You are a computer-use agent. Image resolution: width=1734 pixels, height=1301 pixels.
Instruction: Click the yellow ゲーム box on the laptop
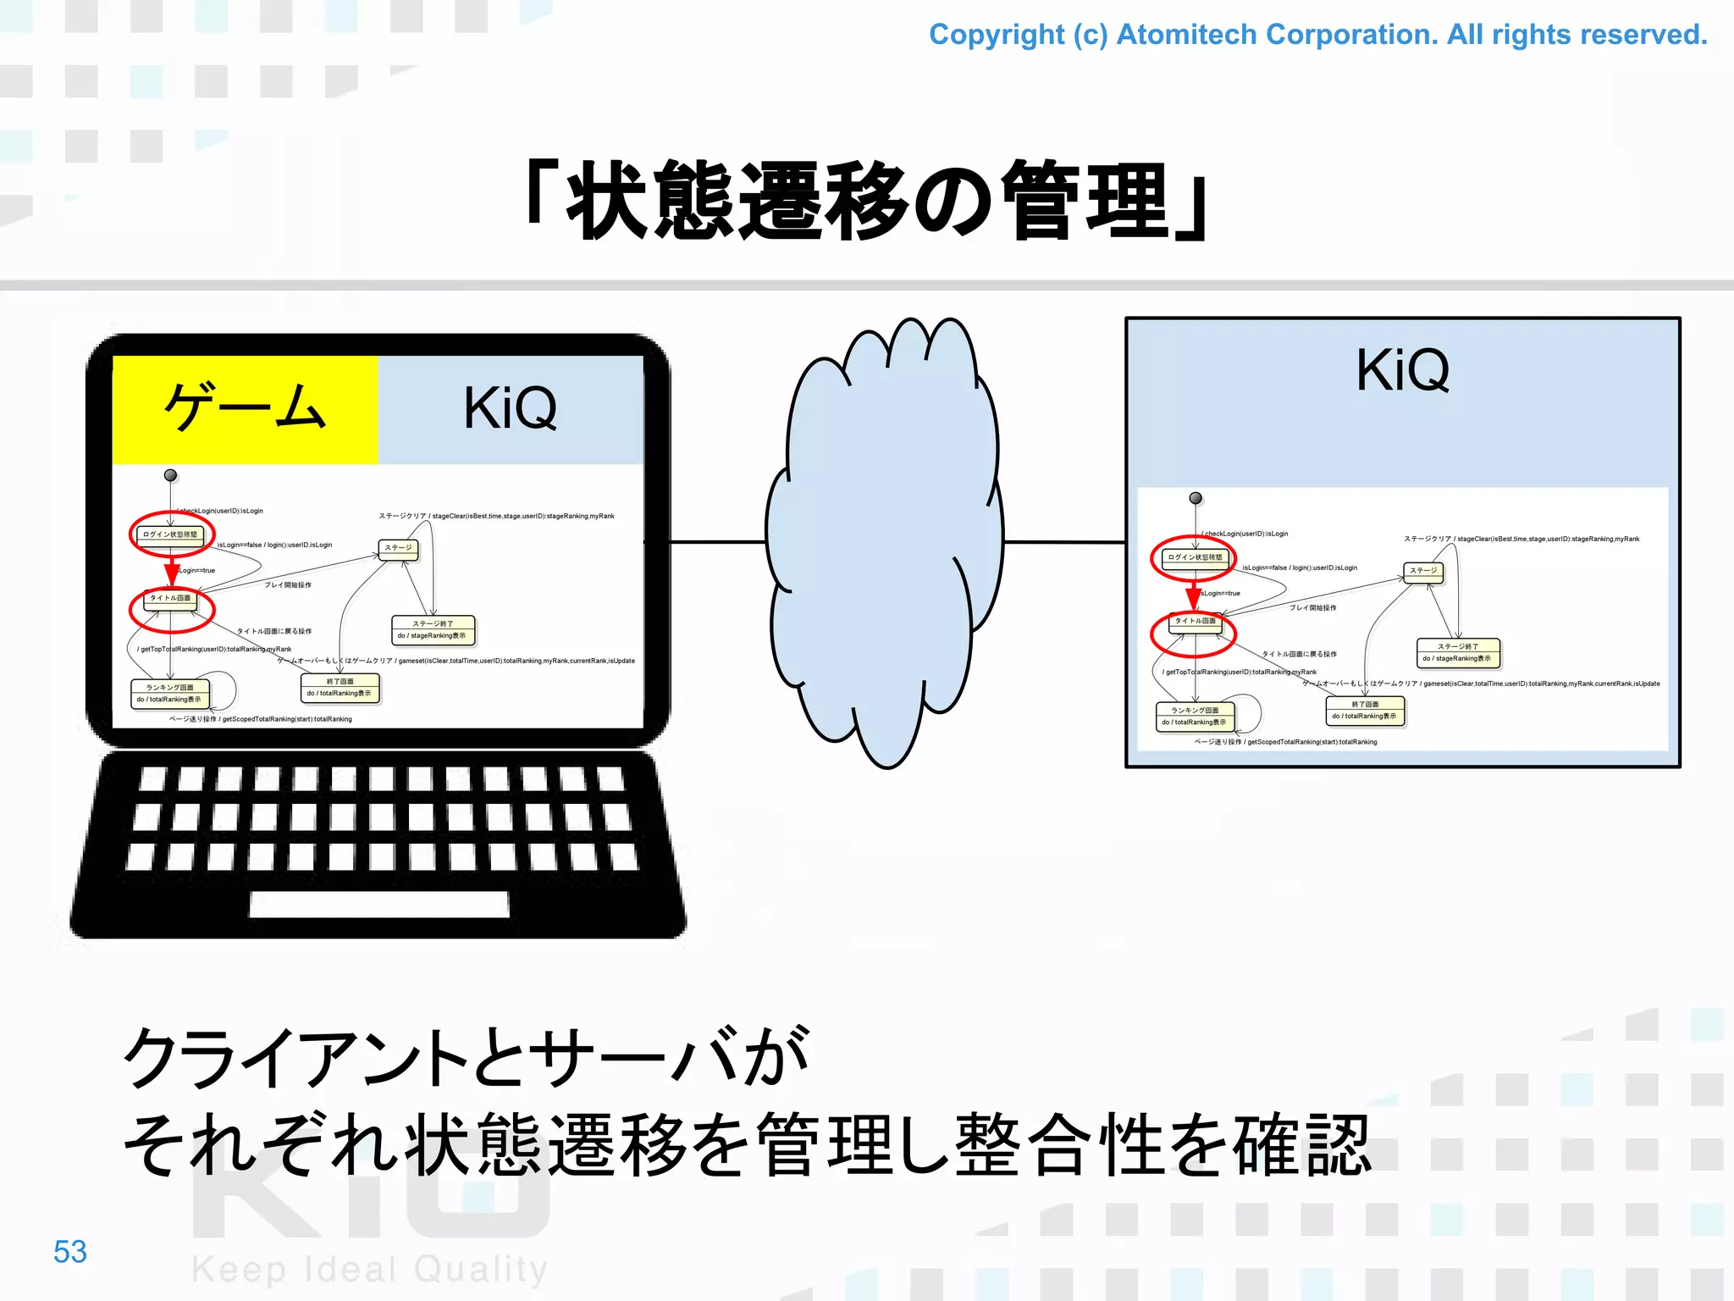245,409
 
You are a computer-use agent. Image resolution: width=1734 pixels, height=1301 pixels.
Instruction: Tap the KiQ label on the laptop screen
511,409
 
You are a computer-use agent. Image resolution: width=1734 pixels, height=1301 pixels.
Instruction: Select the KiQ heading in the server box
1402,371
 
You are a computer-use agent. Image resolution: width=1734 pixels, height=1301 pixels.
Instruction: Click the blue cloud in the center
885,542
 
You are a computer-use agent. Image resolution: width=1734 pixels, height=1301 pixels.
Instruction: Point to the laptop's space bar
379,904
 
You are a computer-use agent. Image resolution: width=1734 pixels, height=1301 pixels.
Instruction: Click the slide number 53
70,1252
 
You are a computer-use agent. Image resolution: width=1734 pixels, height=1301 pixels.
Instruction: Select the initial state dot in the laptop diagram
170,475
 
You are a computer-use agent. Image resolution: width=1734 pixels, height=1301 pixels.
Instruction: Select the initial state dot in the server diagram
1196,498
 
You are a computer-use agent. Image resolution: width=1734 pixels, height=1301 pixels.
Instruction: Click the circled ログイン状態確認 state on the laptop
171,534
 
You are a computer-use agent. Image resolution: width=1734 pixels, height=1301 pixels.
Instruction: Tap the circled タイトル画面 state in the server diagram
1195,622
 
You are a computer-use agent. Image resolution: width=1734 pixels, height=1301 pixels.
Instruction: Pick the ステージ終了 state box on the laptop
433,629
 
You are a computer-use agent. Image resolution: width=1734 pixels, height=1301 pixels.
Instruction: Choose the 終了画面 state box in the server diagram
1365,710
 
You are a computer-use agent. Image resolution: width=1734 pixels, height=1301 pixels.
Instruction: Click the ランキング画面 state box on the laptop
169,694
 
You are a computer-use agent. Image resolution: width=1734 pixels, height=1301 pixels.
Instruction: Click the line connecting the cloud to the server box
1064,542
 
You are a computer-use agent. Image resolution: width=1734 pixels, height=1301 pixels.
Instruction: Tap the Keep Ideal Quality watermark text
370,1270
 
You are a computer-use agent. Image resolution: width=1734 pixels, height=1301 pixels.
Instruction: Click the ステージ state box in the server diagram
1423,571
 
